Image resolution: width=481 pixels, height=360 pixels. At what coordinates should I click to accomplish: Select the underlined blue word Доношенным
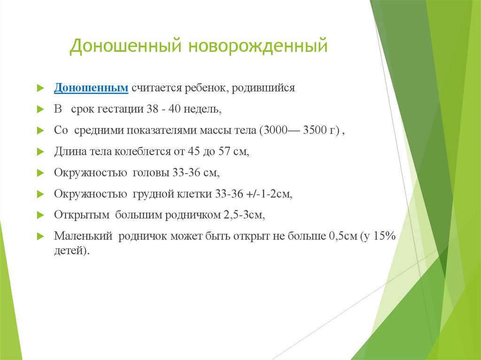coord(91,88)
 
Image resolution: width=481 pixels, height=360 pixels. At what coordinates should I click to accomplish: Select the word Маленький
coord(82,237)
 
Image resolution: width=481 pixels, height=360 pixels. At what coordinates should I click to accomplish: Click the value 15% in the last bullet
coord(384,237)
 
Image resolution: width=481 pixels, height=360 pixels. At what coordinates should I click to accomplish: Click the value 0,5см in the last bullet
coord(341,237)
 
